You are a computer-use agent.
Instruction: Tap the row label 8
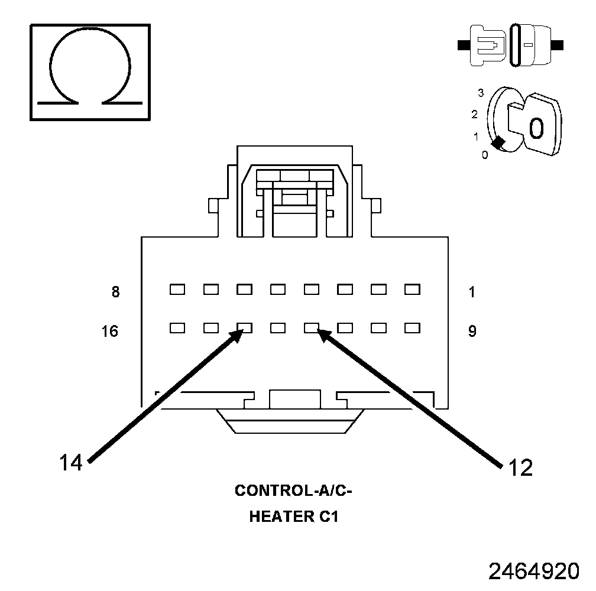click(115, 291)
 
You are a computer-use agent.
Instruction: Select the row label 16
click(110, 331)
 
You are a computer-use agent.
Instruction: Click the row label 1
click(471, 291)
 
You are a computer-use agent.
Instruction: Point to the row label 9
click(472, 331)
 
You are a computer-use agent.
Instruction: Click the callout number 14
click(70, 463)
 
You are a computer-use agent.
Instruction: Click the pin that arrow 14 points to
click(244, 327)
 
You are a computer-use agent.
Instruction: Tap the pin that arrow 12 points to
click(312, 327)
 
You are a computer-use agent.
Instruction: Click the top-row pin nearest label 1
click(412, 290)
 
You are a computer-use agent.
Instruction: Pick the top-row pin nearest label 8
click(177, 290)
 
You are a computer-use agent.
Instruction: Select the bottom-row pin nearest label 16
click(177, 327)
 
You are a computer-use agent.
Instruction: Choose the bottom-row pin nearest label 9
click(412, 327)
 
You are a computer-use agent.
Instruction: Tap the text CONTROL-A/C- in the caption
click(297, 491)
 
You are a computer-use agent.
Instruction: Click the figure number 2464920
click(534, 571)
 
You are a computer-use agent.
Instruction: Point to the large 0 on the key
click(536, 128)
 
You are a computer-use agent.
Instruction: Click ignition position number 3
click(481, 93)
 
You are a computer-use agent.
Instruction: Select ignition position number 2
click(474, 115)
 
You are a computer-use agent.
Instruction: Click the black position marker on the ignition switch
click(498, 142)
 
